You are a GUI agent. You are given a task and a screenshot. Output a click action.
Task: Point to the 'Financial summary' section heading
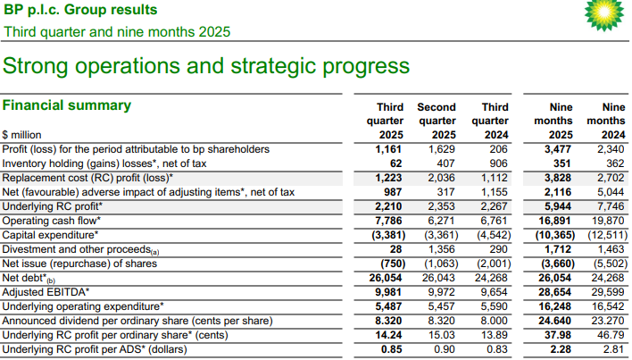point(66,105)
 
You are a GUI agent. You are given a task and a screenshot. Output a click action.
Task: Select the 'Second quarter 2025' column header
point(437,121)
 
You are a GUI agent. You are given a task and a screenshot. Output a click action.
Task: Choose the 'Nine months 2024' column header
point(606,121)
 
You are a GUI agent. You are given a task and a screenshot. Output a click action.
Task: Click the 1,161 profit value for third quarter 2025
point(389,149)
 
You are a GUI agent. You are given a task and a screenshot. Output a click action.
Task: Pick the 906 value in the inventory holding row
point(498,163)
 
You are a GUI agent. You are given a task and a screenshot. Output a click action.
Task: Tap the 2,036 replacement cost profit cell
point(441,178)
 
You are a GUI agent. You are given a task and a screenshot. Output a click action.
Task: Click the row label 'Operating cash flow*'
point(52,221)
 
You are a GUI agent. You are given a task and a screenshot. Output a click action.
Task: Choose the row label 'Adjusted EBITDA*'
point(47,292)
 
